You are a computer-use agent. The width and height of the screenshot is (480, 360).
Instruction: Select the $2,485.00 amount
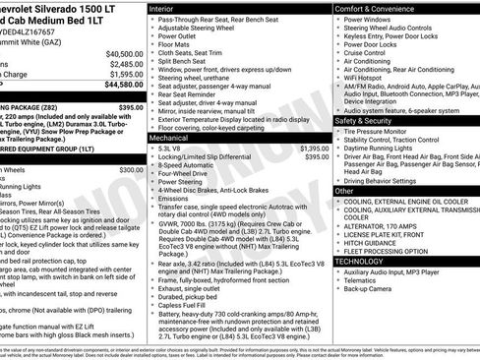(x=125, y=64)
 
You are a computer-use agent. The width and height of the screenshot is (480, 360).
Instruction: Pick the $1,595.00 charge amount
(x=125, y=75)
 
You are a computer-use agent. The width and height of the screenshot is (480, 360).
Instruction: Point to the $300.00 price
(x=130, y=169)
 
